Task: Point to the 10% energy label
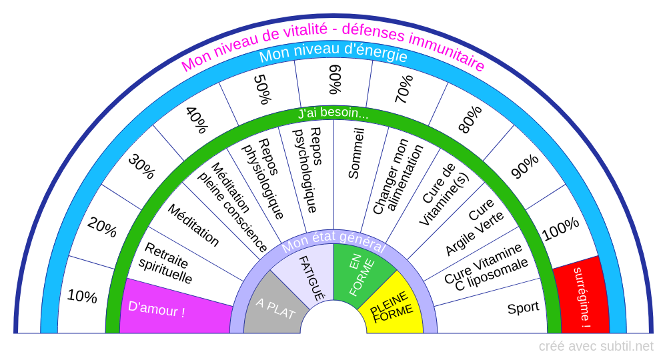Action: click(82, 296)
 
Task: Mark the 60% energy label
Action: click(336, 79)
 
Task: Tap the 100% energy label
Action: click(561, 229)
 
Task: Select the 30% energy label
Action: click(142, 167)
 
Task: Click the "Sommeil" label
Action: click(356, 153)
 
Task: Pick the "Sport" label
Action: click(523, 308)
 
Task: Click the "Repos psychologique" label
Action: click(309, 170)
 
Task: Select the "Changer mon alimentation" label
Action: click(398, 176)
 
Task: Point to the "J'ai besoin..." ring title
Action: click(333, 113)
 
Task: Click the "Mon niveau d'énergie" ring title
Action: click(333, 53)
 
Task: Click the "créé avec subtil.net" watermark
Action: click(596, 347)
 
